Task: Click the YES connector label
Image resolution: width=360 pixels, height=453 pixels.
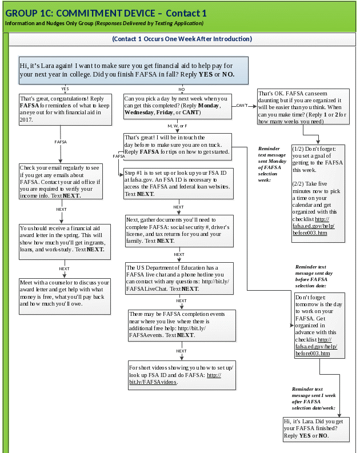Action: pyautogui.click(x=65, y=89)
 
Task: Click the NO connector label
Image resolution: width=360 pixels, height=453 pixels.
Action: pyautogui.click(x=182, y=89)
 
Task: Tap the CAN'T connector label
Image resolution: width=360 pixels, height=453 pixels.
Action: pyautogui.click(x=242, y=105)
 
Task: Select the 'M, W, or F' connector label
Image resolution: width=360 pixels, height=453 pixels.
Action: pyautogui.click(x=177, y=126)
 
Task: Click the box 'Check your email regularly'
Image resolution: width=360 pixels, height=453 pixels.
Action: pyautogui.click(x=61, y=181)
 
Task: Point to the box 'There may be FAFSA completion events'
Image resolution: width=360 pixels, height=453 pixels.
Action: pyautogui.click(x=181, y=325)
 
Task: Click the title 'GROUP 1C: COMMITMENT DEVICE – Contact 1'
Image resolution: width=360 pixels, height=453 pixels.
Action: pyautogui.click(x=106, y=13)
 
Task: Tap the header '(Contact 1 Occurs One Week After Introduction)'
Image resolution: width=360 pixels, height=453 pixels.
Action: pyautogui.click(x=182, y=39)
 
